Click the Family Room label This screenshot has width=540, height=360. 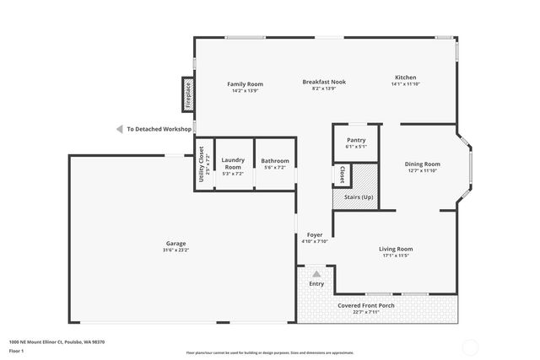(x=246, y=84)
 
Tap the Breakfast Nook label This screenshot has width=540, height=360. (x=324, y=82)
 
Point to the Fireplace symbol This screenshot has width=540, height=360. (x=188, y=94)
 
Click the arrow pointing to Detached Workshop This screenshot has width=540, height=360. (x=119, y=129)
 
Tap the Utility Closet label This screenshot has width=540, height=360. (x=202, y=164)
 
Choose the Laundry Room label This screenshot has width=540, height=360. (x=233, y=163)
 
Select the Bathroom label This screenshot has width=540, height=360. (x=275, y=161)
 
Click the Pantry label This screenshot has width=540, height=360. (x=356, y=140)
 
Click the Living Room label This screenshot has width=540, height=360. (x=395, y=249)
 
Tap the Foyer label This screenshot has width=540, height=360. (x=314, y=234)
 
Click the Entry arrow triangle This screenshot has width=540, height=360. (x=316, y=274)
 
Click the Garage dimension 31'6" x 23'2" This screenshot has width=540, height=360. (x=175, y=250)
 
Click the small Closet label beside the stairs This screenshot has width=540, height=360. (x=342, y=175)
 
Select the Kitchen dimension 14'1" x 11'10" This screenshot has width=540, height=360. (x=406, y=84)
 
